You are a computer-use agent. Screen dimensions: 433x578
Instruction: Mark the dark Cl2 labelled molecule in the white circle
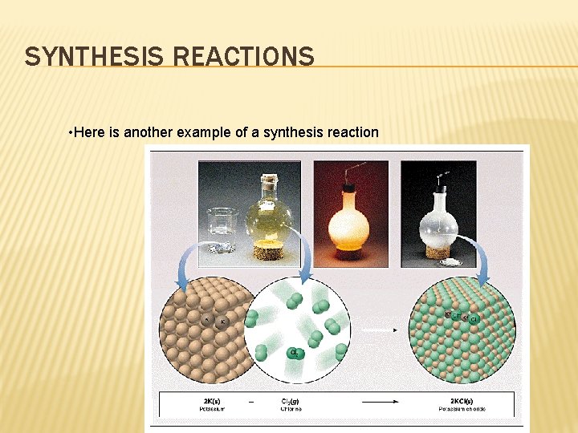(x=295, y=353)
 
